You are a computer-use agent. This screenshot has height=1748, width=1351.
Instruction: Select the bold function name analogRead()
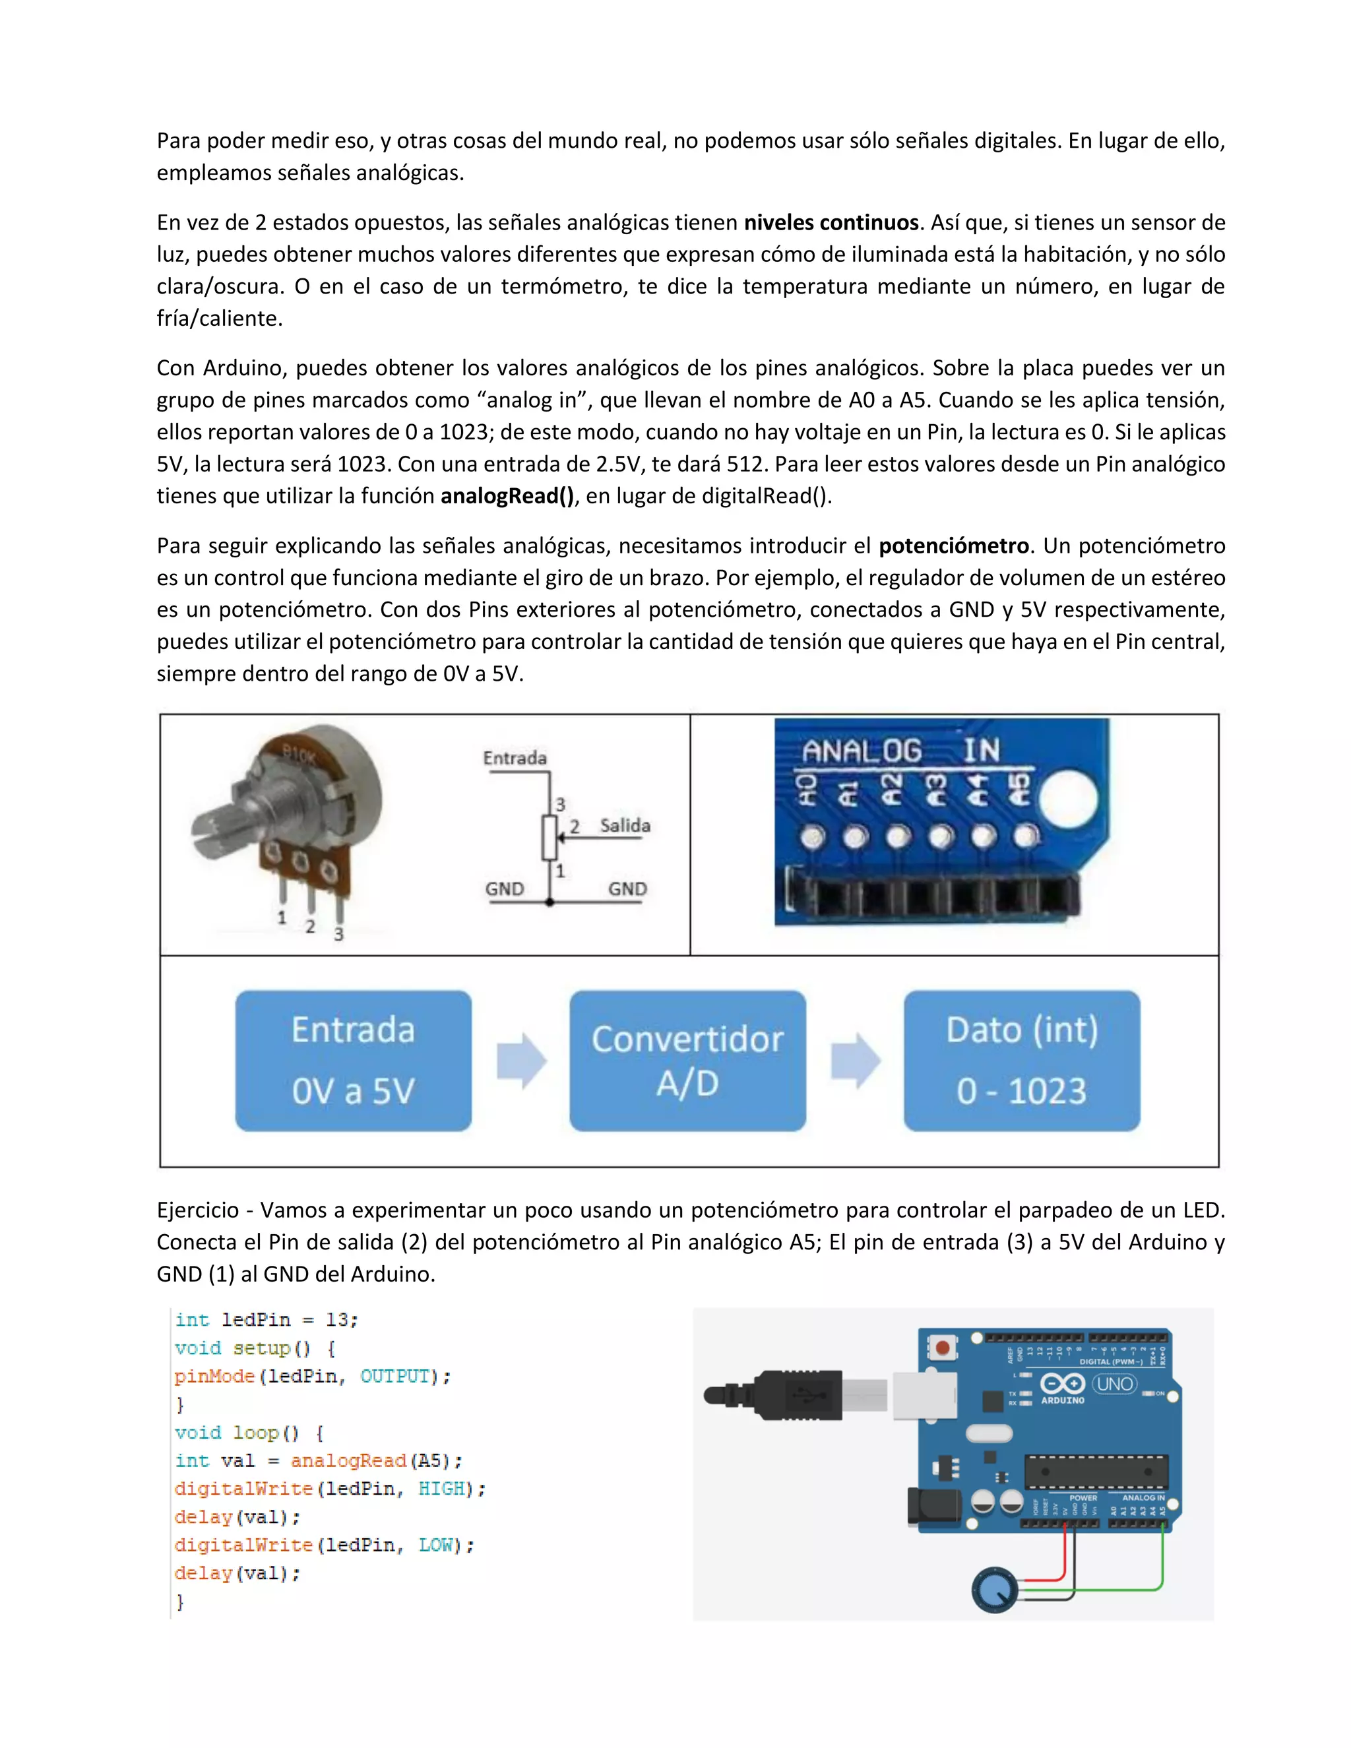tap(507, 496)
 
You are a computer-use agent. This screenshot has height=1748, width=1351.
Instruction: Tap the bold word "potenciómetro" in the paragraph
tap(953, 546)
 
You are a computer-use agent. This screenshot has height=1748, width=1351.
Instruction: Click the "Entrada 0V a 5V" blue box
tap(353, 1061)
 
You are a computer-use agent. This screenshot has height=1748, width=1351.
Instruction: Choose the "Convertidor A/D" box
tap(687, 1061)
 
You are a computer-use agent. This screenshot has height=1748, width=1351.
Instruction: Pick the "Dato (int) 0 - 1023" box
tap(1021, 1061)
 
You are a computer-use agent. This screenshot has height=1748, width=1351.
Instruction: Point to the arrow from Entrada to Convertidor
tap(521, 1061)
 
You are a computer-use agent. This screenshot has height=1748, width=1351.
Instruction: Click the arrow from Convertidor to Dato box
tap(855, 1061)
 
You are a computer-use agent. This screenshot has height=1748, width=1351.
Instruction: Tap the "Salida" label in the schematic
tap(625, 825)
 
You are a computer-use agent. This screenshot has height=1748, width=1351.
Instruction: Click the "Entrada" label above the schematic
tap(515, 758)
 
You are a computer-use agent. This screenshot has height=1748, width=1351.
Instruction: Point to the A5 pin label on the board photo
tap(1019, 789)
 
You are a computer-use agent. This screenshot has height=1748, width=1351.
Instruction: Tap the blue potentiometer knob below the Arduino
tap(994, 1590)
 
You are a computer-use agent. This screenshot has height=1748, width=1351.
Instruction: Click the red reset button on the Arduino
tap(943, 1348)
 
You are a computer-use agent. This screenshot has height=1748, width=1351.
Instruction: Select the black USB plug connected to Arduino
tap(792, 1396)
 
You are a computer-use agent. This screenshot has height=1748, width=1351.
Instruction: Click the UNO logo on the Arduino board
tap(1114, 1384)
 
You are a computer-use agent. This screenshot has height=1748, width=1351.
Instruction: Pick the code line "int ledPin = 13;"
tap(267, 1320)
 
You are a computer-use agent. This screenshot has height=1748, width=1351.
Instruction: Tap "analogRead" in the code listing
tap(348, 1460)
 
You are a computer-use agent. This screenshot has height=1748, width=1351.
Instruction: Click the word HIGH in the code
tap(441, 1489)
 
